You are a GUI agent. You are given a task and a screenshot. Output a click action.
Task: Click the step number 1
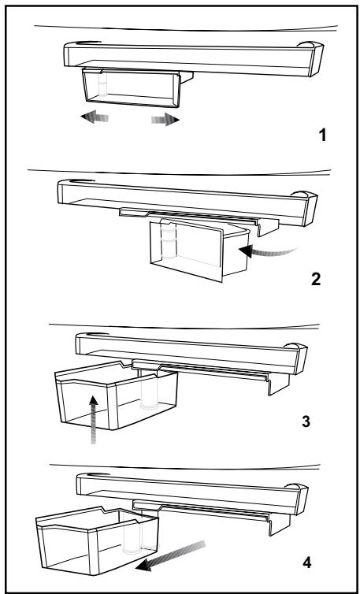click(322, 136)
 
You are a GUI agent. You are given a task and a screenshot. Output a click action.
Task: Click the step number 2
click(316, 279)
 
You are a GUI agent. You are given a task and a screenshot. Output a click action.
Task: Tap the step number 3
click(306, 421)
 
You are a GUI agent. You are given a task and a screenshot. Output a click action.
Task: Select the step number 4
click(307, 562)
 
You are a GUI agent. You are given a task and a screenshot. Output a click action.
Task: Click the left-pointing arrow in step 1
click(95, 117)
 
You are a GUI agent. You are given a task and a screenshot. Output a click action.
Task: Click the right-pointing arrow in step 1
click(165, 119)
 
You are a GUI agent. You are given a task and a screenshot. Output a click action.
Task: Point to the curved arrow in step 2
click(268, 251)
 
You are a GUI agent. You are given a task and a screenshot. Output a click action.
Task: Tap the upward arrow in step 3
click(94, 419)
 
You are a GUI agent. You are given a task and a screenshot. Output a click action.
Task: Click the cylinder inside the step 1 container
click(102, 84)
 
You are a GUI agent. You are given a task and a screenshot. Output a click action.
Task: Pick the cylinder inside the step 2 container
click(169, 240)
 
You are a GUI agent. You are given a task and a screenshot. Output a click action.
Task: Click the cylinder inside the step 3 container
click(149, 390)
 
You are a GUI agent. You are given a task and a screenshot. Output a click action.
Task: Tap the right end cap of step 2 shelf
click(310, 208)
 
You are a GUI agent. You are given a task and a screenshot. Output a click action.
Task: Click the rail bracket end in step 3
click(279, 384)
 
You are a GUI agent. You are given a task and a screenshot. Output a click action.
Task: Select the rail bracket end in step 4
click(280, 524)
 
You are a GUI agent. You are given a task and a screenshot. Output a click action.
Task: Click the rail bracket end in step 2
click(268, 227)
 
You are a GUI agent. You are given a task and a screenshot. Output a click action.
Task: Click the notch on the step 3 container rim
click(122, 364)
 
